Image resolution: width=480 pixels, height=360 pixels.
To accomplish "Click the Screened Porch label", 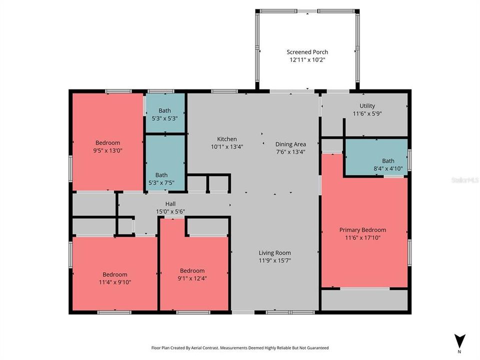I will point(307,52).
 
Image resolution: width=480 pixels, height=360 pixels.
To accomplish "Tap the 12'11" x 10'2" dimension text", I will point(307,59).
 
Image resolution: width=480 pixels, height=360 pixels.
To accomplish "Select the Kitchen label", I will point(226,139).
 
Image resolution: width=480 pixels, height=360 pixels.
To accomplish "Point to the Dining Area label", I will point(290,144).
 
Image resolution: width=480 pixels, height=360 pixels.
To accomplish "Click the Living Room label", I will point(274,252).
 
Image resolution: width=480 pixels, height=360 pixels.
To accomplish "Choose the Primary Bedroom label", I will point(362,230).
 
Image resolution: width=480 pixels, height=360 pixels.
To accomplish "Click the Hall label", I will point(170,203).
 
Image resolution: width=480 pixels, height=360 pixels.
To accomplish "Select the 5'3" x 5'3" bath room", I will point(164,114).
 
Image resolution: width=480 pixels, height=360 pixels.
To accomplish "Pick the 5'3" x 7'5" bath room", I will point(161,178).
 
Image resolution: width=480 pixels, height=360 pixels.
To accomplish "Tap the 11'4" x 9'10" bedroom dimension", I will point(115,282).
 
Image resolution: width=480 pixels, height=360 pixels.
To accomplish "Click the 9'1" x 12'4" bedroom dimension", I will point(192,278).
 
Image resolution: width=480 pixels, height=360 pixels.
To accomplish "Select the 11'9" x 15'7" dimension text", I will point(274,260).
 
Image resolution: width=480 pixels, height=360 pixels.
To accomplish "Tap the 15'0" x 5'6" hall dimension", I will point(170,211).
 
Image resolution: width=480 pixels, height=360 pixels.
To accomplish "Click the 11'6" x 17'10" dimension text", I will point(362,238).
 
